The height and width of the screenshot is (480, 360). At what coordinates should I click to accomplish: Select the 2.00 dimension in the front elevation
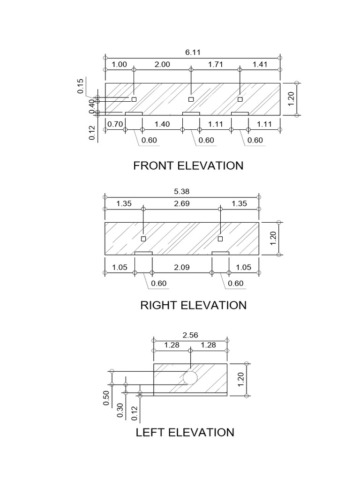[x=162, y=65]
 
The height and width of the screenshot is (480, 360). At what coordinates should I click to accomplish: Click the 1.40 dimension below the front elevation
[x=162, y=124]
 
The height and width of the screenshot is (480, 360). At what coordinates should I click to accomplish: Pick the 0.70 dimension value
[x=115, y=124]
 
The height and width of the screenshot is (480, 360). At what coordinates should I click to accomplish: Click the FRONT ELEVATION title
[x=188, y=165]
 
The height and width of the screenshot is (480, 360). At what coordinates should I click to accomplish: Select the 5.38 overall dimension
[x=181, y=192]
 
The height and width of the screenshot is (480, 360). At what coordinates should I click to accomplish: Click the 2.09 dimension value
[x=181, y=268]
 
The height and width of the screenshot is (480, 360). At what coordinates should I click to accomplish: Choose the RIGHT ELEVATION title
[x=193, y=305]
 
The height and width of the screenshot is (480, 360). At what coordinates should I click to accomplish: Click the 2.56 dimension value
[x=190, y=335]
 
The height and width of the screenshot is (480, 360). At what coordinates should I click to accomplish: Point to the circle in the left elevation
[x=190, y=377]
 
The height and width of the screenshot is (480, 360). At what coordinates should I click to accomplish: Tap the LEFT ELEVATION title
[x=185, y=432]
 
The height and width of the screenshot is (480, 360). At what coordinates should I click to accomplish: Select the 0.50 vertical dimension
[x=106, y=398]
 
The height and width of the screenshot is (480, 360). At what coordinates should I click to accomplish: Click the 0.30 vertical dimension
[x=120, y=410]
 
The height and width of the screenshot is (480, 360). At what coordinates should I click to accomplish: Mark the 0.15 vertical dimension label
[x=80, y=86]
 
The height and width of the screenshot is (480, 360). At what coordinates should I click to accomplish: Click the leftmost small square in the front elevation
[x=134, y=99]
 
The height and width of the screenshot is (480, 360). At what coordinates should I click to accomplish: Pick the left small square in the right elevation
[x=143, y=239]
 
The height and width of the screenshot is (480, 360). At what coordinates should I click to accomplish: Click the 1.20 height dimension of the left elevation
[x=240, y=379]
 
